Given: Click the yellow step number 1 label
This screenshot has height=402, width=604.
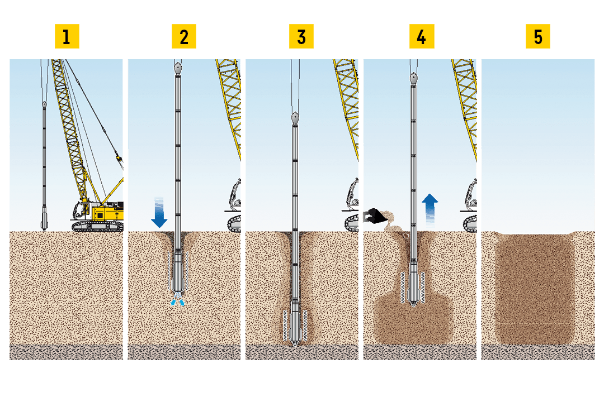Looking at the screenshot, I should [67, 37].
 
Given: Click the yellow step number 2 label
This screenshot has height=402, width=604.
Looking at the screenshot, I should [184, 37].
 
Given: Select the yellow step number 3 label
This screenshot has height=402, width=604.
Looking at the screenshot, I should [301, 37].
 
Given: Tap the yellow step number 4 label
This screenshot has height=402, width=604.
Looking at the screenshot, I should [422, 37].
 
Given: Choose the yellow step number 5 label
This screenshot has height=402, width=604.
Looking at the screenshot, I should [538, 37].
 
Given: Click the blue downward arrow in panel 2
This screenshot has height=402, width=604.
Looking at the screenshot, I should [159, 213].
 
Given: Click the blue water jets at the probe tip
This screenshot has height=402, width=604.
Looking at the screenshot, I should [177, 300].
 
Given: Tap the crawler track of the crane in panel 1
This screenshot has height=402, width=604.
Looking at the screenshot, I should [97, 226].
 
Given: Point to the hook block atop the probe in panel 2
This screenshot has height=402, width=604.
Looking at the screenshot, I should [178, 69].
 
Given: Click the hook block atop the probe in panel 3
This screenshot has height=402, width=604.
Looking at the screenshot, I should [295, 118].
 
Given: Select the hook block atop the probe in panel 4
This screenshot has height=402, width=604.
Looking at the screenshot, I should [413, 79].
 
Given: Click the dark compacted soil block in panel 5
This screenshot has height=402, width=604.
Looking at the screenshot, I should [535, 288].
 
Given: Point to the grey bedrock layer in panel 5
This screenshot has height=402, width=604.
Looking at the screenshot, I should [538, 352].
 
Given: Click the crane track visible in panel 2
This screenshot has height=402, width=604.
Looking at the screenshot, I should [235, 223].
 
